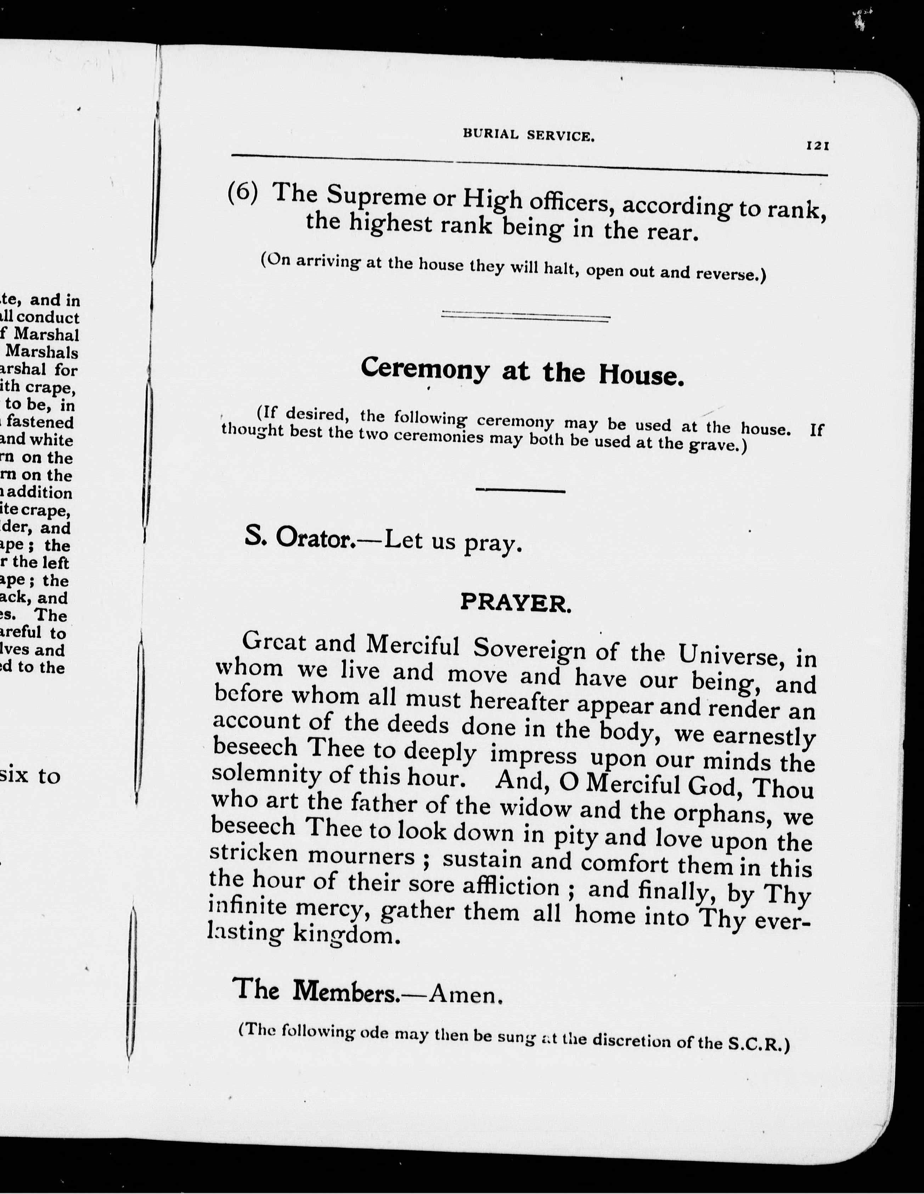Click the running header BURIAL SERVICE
[x=528, y=135]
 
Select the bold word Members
[x=346, y=991]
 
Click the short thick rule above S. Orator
[x=520, y=490]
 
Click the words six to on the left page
[x=30, y=775]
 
